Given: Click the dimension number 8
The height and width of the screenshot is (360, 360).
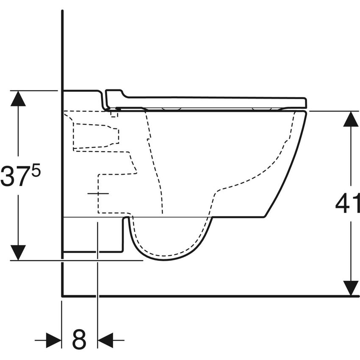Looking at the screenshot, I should coord(79,339).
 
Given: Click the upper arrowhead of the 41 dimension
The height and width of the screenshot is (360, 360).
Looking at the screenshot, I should coord(351,119).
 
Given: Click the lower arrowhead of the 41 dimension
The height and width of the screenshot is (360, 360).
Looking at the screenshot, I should coord(351,288).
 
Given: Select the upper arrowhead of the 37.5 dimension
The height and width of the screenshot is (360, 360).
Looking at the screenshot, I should coord(18,98).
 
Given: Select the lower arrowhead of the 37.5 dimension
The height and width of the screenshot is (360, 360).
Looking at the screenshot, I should coord(18,252).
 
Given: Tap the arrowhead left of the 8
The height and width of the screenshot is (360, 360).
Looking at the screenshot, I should coord(53,340).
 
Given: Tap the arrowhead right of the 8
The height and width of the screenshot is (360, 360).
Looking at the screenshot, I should coord(106,340).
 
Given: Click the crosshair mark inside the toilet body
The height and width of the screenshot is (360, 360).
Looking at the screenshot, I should coord(98,193).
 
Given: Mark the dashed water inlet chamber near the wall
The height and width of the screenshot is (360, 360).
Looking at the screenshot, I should coord(95,136).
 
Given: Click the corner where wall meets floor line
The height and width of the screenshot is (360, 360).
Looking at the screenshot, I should coord(62,296).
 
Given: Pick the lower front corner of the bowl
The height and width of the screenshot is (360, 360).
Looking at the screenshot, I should coord(265,217).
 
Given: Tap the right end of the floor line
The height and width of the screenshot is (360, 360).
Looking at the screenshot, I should coord(358,296).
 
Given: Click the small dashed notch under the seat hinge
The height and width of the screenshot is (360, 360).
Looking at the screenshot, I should coord(114,114).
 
